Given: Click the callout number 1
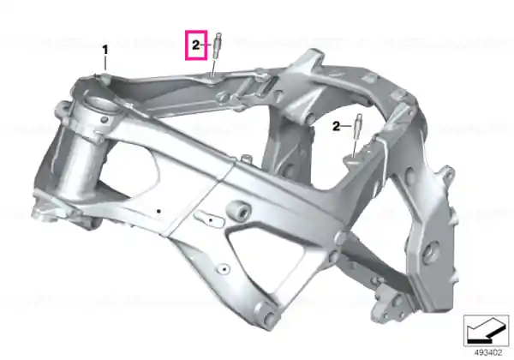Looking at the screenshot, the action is tap(105, 51).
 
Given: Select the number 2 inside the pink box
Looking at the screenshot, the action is tap(195, 45).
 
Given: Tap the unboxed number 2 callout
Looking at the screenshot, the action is tap(337, 126).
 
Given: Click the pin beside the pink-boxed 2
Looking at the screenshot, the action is tap(218, 45).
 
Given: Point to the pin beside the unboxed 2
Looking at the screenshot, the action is tap(358, 126).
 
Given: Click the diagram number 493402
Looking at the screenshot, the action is tap(488, 353).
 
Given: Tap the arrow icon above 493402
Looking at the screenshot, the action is tap(486, 331).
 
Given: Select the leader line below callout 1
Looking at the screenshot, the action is tap(105, 63).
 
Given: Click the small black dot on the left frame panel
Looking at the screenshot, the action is tap(158, 211).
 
